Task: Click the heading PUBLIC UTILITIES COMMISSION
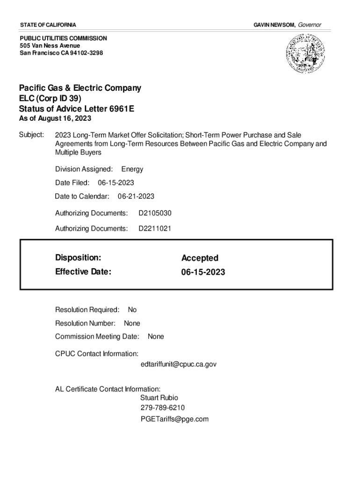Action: (63, 38)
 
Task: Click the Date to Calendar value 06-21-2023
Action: (136, 196)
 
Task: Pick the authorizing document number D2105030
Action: (155, 213)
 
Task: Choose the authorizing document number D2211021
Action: (155, 229)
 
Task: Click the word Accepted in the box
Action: (200, 258)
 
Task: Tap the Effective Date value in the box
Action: (203, 271)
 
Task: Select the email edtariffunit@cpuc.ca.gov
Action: (178, 364)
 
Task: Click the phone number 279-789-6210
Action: (163, 408)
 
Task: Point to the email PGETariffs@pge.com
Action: (174, 419)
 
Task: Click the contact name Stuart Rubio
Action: (159, 398)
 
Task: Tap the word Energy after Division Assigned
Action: (132, 169)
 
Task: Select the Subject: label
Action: (31, 135)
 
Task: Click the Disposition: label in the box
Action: (78, 258)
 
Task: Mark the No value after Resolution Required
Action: (132, 310)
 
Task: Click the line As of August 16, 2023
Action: (55, 119)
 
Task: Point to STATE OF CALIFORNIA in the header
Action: (48, 24)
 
